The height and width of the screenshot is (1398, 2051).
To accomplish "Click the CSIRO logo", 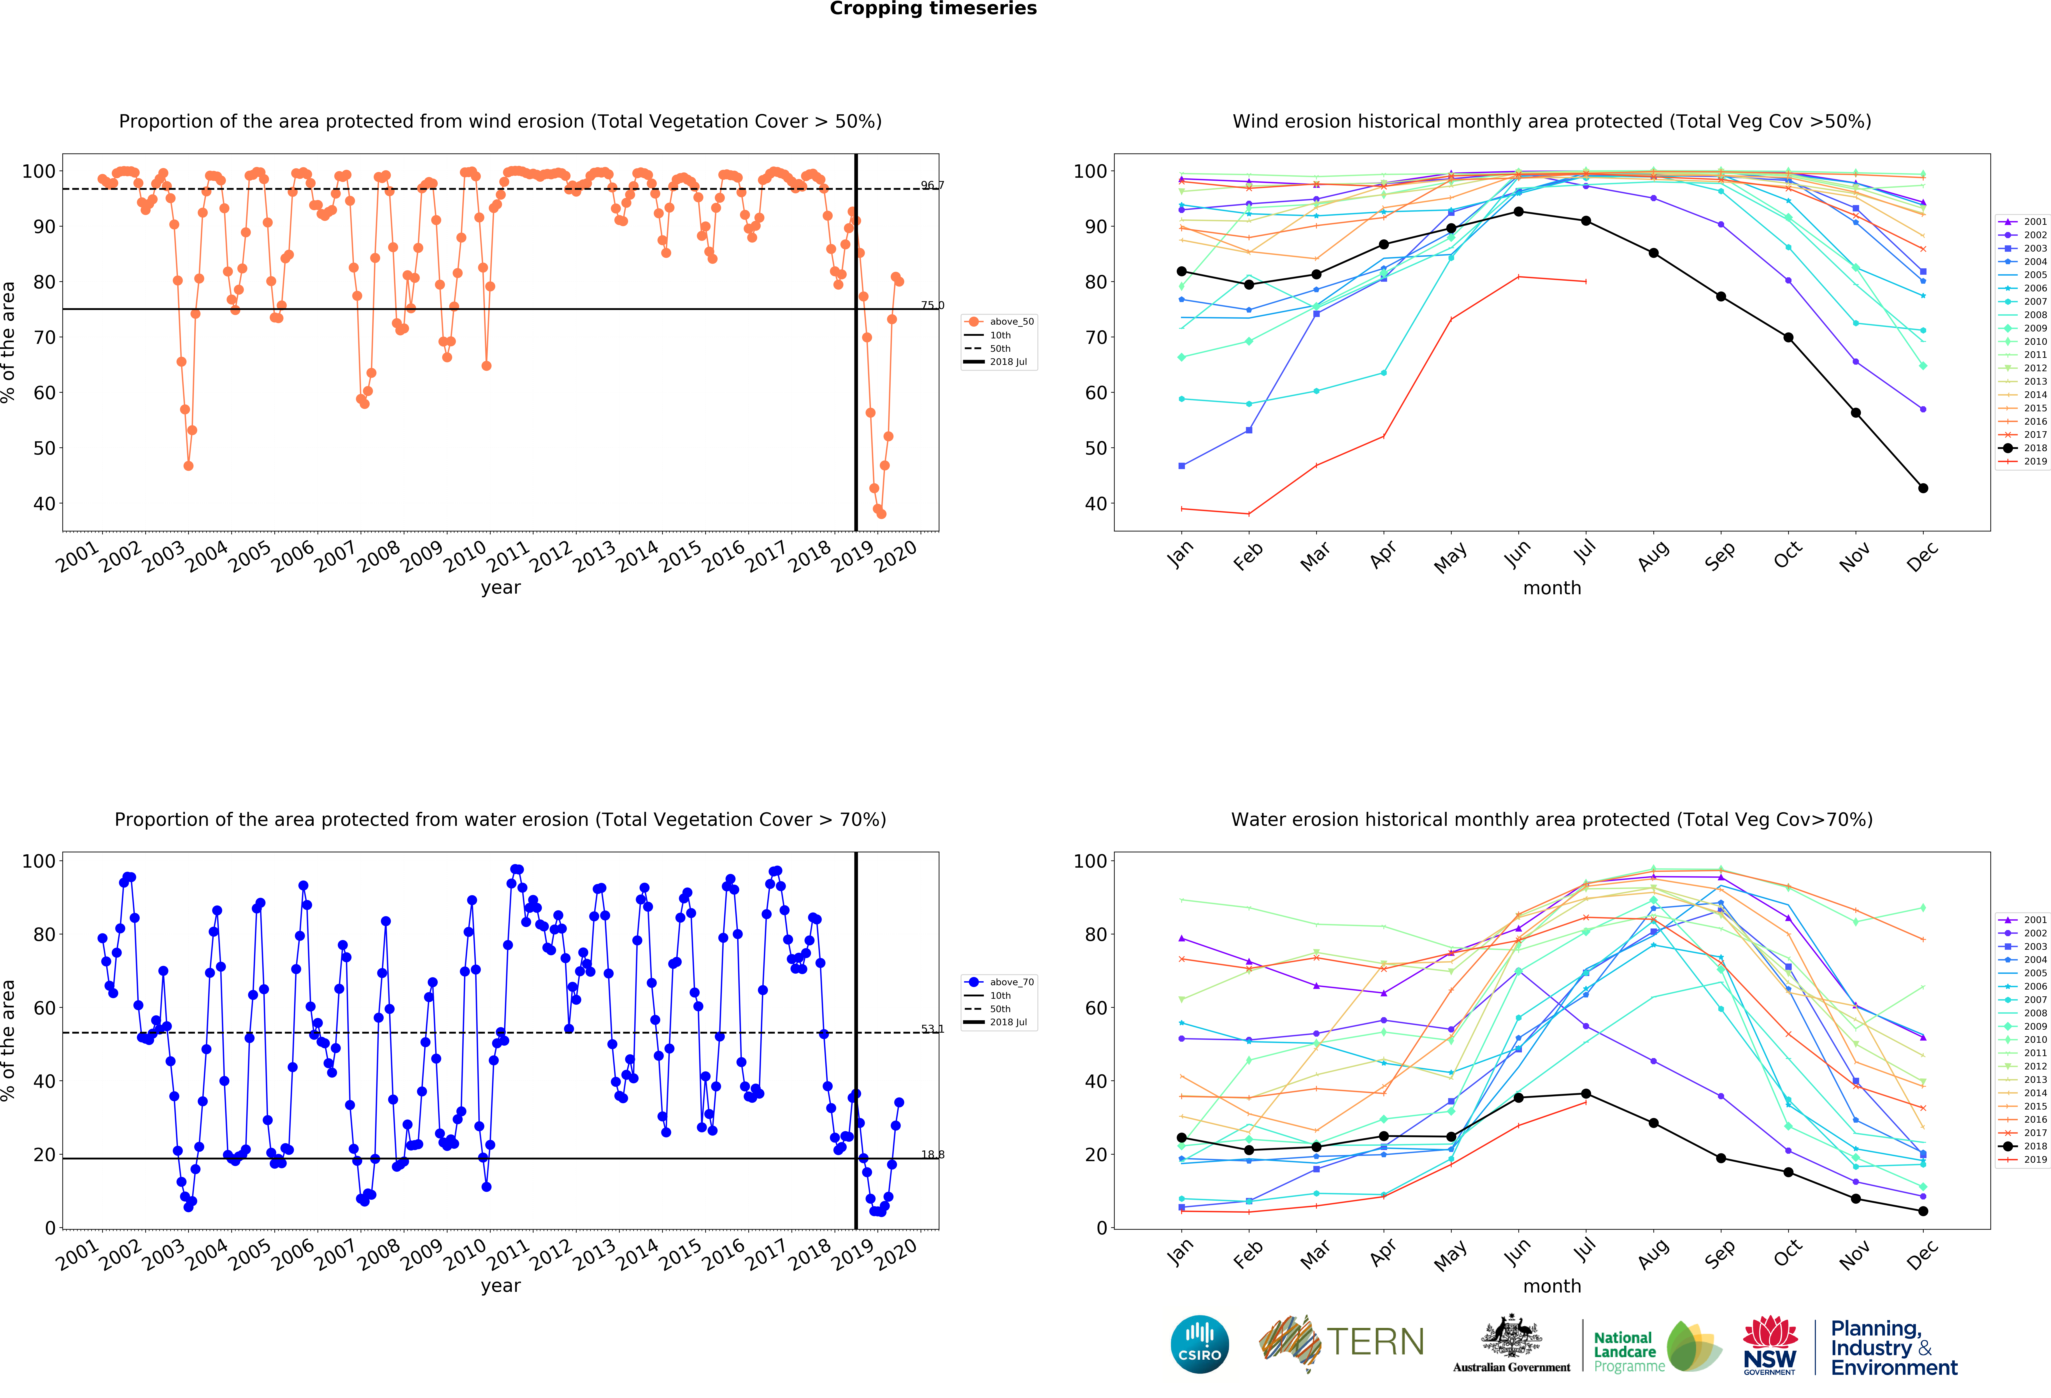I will point(1199,1344).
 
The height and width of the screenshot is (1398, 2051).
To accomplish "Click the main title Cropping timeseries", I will point(933,9).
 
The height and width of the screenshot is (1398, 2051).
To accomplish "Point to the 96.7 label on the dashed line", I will point(932,185).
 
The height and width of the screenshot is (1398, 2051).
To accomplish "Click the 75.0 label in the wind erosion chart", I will point(932,305).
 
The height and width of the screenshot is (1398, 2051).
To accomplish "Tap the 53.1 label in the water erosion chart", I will point(932,1029).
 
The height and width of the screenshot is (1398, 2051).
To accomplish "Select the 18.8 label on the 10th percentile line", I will point(932,1154).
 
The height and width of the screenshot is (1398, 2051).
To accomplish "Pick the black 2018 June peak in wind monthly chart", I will point(1518,212).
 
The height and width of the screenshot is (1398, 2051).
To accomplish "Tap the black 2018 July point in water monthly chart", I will point(1586,1094).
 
